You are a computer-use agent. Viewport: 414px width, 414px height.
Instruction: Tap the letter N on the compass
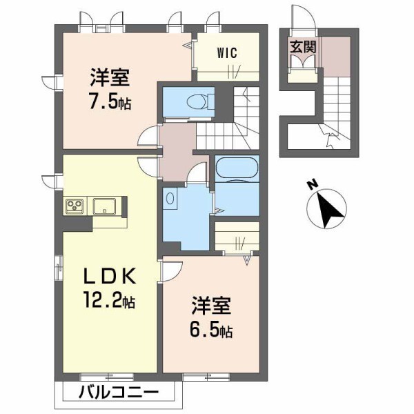(312, 184)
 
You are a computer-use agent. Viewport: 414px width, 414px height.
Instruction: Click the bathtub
(237, 168)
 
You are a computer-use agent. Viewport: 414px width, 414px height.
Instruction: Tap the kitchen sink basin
(106, 205)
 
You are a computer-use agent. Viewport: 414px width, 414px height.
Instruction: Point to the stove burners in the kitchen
(75, 205)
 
